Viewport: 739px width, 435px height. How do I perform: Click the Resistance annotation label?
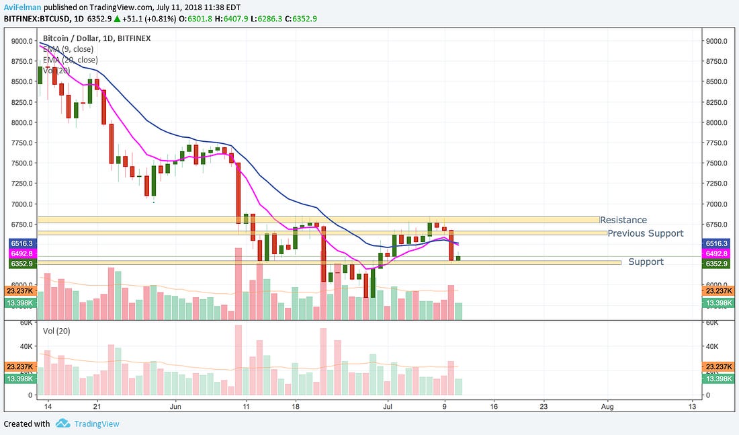pos(623,220)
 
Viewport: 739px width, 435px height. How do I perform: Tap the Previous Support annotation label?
pos(645,233)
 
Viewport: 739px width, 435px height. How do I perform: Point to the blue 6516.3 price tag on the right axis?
pos(717,243)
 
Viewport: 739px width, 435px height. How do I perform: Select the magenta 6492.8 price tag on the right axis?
pos(717,253)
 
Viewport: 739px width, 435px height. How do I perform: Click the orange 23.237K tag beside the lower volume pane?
pos(717,366)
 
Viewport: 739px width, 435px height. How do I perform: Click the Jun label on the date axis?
pos(176,407)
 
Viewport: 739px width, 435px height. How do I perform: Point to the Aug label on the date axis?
pos(607,407)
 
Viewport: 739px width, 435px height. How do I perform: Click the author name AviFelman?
pos(21,6)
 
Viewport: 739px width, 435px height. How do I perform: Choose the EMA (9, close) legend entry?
pos(67,49)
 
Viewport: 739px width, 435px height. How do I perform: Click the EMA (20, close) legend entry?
pos(69,60)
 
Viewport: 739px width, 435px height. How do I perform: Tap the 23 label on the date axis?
pos(544,407)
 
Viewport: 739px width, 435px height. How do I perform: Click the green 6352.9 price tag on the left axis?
pos(21,264)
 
